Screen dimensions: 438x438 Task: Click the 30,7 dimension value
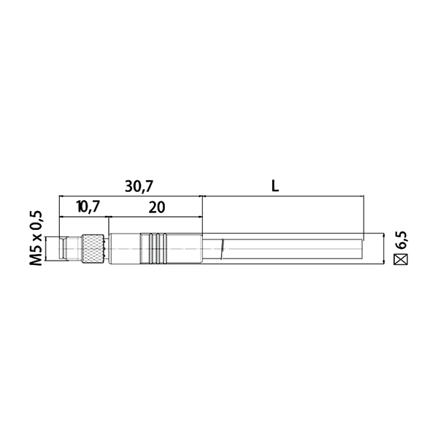pos(139,186)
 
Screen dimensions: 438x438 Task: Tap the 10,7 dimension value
pos(88,207)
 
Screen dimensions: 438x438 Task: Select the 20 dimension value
pos(157,207)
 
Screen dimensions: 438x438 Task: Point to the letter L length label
pos(275,185)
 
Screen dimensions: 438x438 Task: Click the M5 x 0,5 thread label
pos(36,238)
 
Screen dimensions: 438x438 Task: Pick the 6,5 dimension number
pos(401,240)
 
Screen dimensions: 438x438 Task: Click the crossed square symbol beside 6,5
pos(401,259)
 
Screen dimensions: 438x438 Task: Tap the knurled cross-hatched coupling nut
pos(92,249)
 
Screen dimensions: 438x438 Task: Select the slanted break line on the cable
pos(222,249)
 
